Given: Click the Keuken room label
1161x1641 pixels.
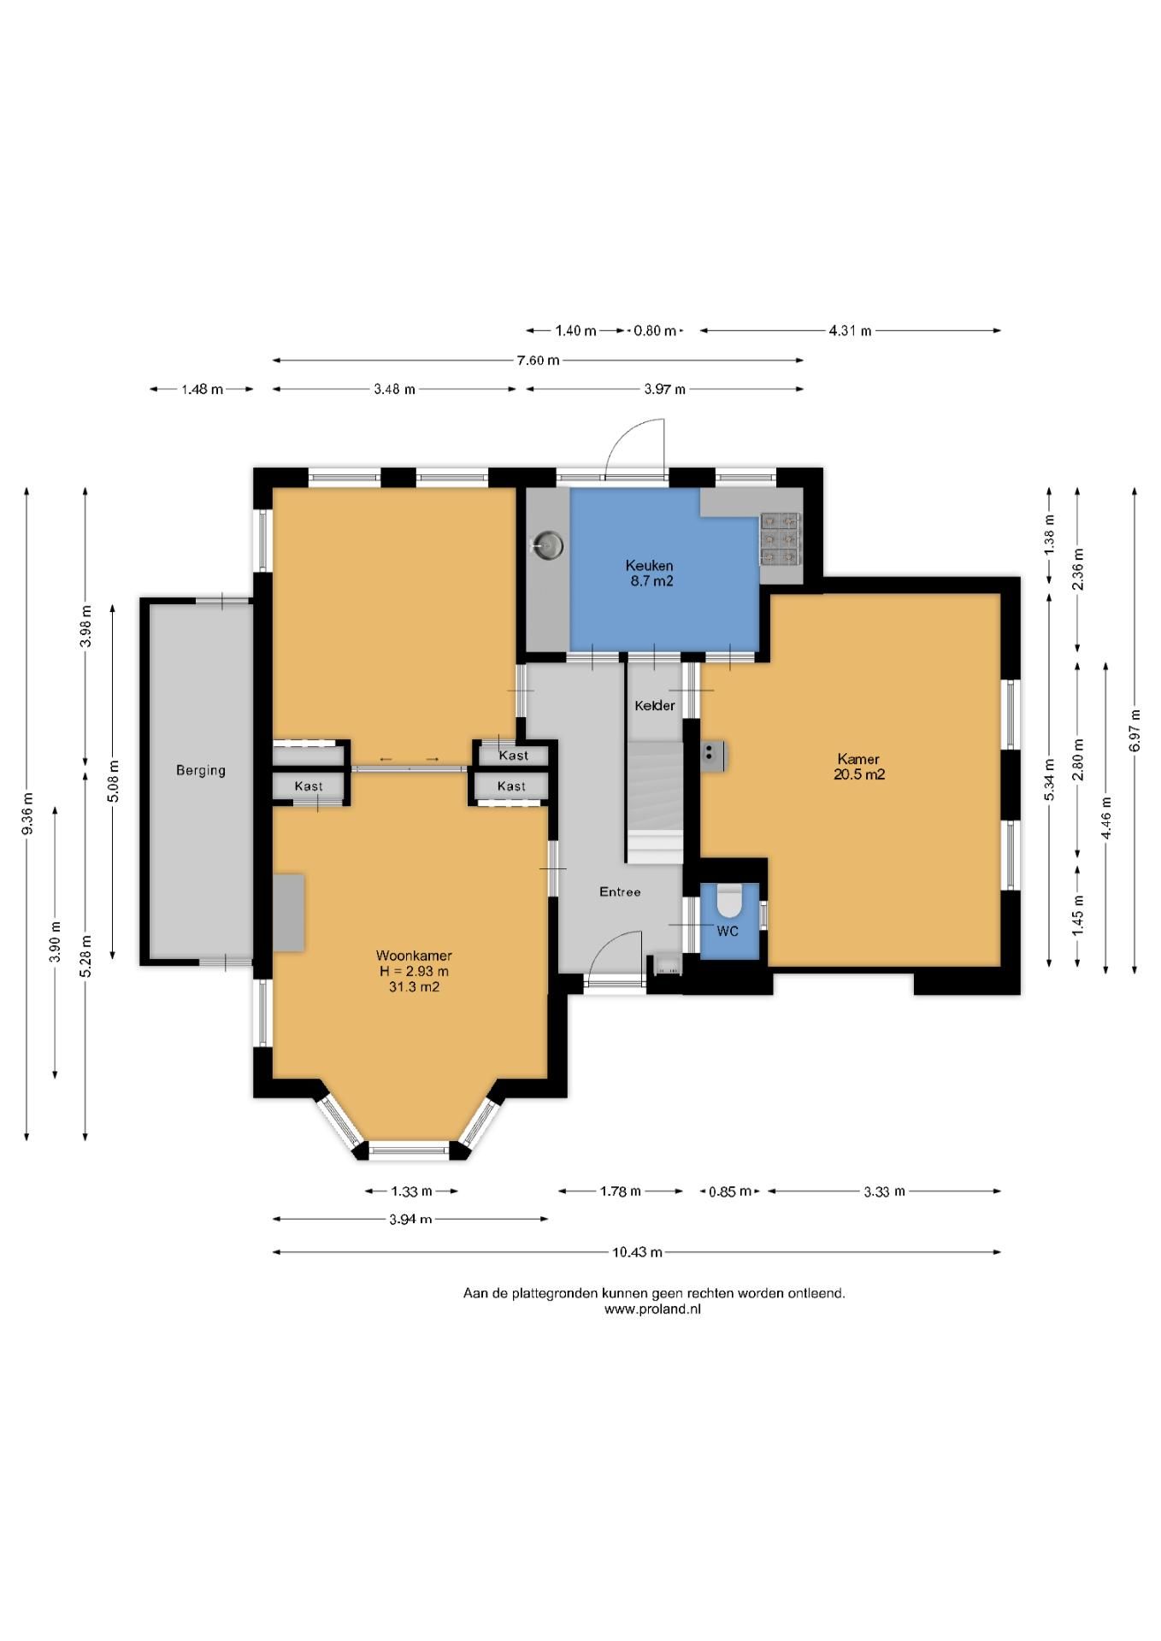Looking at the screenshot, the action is tap(649, 566).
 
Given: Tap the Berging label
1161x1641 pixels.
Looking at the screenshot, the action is tap(201, 770).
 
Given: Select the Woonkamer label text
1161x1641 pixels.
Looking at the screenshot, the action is tap(414, 956).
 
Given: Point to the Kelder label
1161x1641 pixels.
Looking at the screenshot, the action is tap(655, 706).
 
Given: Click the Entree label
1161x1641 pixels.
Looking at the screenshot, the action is tap(620, 891).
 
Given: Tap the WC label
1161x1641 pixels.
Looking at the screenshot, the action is tap(728, 931).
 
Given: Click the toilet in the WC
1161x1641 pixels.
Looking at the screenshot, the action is tap(729, 899).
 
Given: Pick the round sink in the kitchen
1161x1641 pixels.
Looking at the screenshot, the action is tap(547, 544).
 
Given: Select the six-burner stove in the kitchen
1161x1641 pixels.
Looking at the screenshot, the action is tap(780, 538).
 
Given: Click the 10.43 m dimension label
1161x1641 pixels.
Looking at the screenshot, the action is tap(637, 1252).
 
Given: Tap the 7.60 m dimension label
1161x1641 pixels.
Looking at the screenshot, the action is tap(538, 361).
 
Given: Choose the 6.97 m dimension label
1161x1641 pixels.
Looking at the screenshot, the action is tap(1134, 732).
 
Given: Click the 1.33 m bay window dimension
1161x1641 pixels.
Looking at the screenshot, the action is tap(412, 1191).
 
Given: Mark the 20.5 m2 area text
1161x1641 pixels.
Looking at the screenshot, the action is tap(859, 774).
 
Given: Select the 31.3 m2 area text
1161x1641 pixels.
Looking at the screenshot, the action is tap(414, 986).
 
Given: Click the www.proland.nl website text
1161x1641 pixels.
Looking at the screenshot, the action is tap(652, 1309).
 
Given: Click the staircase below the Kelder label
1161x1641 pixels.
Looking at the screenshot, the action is tap(656, 802).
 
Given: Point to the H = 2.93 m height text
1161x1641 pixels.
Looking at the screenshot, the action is tap(414, 971).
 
